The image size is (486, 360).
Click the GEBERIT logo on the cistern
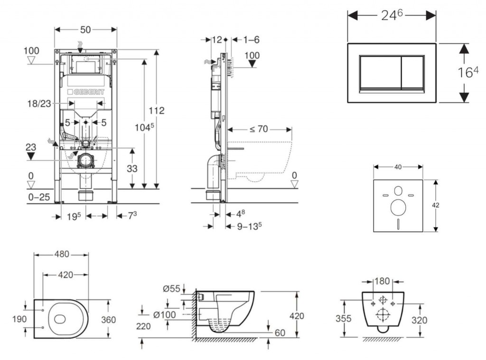tap(86, 92)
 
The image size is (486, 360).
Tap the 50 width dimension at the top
tap(85, 29)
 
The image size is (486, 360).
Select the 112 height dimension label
tap(156, 111)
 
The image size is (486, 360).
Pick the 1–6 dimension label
tap(252, 40)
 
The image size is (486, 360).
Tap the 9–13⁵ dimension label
tap(250, 227)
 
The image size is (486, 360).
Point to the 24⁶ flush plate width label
tap(392, 15)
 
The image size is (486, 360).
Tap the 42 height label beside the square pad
tap(436, 205)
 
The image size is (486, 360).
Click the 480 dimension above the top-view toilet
tap(61, 254)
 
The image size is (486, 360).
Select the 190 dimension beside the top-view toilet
tap(19, 319)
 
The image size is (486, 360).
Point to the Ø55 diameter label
tap(171, 288)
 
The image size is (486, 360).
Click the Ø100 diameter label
tap(165, 314)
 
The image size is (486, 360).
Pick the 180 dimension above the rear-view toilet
tap(383, 281)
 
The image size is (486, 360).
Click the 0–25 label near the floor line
tap(38, 197)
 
